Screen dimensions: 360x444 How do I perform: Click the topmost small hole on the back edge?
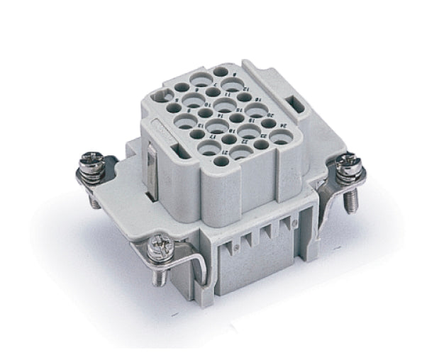coord(221,72)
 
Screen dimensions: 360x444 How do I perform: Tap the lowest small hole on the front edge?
coord(221,162)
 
